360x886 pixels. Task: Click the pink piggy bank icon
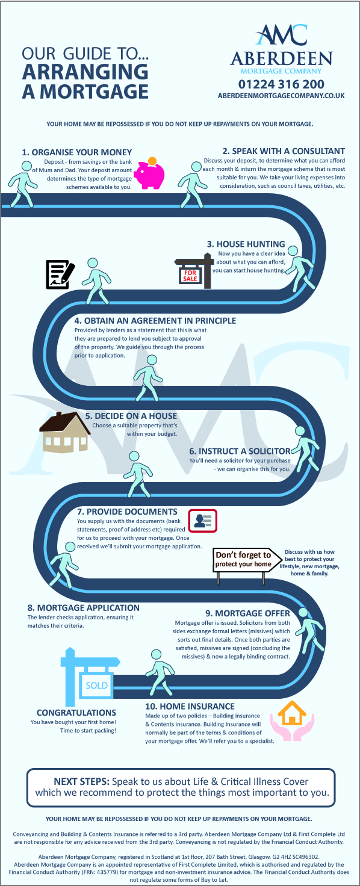tap(149, 175)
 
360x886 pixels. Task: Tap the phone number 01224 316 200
tap(281, 84)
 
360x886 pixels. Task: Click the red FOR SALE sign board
tap(190, 275)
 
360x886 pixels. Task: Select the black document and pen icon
tap(60, 274)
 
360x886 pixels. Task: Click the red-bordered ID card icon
tap(202, 521)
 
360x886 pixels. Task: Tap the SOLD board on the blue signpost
tap(97, 685)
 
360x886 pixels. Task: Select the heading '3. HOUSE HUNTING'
tap(246, 244)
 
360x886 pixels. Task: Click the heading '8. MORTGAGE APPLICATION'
tap(84, 607)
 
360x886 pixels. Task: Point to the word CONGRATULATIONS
tap(76, 713)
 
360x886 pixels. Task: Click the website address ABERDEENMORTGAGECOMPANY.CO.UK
tap(281, 96)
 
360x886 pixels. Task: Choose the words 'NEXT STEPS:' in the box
tap(81, 782)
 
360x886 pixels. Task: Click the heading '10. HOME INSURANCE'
tap(190, 706)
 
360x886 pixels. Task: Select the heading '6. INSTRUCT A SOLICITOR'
tap(240, 451)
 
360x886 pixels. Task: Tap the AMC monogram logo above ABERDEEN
tap(281, 34)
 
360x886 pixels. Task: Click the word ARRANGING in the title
tap(85, 72)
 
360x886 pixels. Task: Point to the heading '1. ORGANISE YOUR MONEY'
tap(76, 152)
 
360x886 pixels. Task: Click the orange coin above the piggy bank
tap(152, 161)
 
